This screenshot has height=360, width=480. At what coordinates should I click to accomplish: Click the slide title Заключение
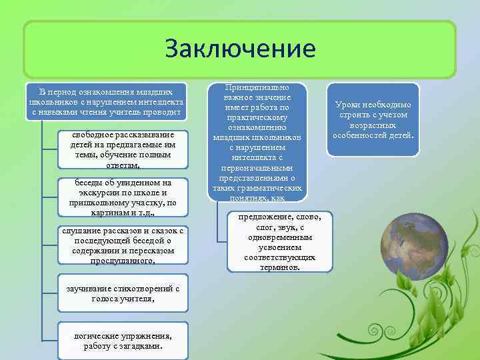coord(240,49)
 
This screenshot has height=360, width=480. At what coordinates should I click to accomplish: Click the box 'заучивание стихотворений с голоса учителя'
coord(123,293)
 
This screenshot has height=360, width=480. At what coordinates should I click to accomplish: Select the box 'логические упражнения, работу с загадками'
coord(123,341)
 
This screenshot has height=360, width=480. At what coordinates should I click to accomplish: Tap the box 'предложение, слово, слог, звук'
coord(274,242)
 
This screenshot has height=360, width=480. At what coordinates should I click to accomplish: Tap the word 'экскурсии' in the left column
coord(98,193)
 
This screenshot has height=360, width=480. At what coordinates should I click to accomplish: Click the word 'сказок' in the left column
coord(166,231)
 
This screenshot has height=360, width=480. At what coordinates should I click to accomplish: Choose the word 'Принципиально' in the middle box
coord(257,87)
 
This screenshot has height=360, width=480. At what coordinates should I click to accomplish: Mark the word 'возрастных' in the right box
coord(373,125)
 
